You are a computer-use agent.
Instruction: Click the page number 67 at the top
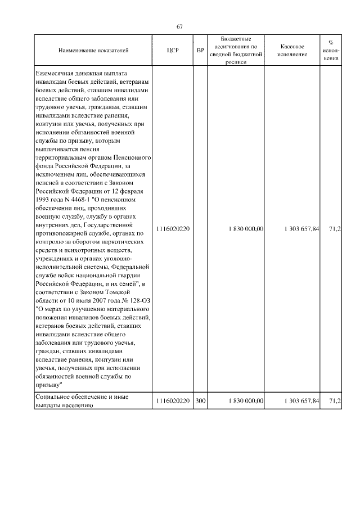[x=180, y=26]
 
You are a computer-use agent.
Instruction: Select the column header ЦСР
[x=173, y=51]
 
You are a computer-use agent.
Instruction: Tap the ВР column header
[x=200, y=51]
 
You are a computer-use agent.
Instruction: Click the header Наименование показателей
[x=93, y=51]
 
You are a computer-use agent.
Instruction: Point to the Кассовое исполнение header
[x=292, y=51]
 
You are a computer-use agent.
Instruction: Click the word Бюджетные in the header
[x=236, y=38]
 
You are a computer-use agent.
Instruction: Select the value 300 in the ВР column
[x=200, y=401]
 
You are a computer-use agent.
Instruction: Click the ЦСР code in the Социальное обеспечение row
[x=173, y=401]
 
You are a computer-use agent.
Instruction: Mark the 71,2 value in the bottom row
[x=335, y=401]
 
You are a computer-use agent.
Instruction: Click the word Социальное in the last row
[x=53, y=397]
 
